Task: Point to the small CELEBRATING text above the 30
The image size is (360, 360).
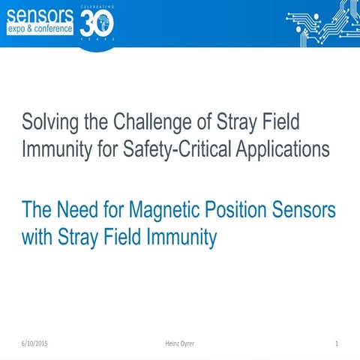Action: click(97, 6)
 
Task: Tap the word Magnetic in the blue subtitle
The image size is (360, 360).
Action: click(170, 209)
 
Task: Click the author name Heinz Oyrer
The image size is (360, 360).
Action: click(181, 343)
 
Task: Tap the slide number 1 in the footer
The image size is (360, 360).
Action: click(338, 343)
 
